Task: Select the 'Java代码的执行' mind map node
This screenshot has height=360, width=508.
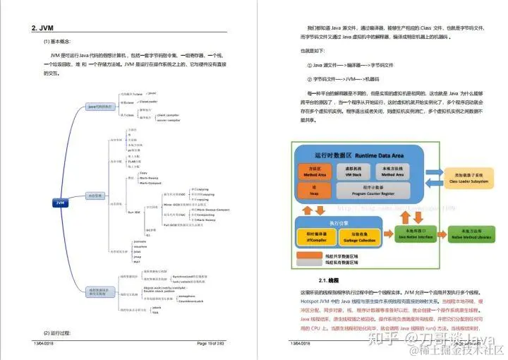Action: (99, 107)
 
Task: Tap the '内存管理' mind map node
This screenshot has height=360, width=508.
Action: (95, 195)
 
